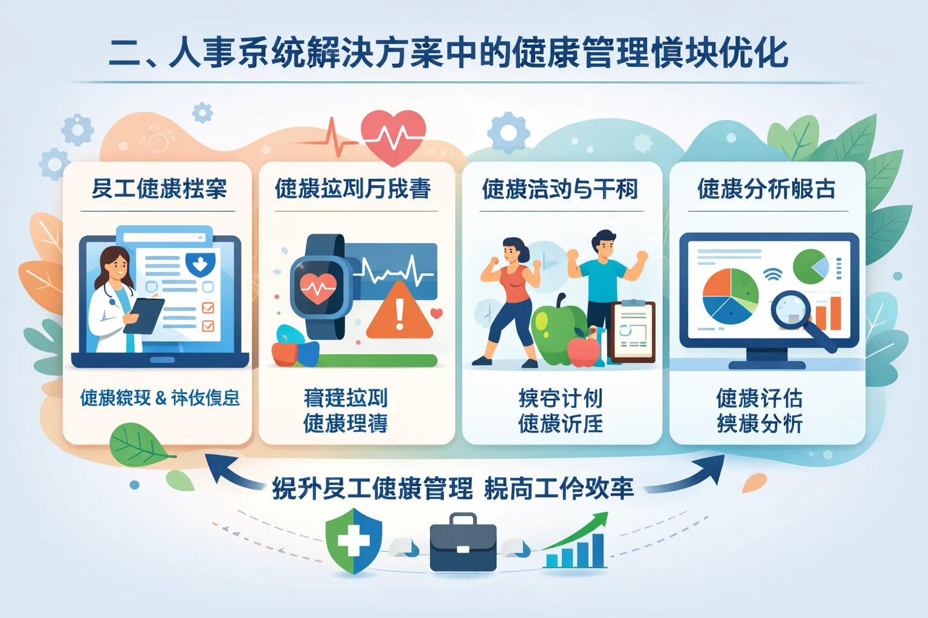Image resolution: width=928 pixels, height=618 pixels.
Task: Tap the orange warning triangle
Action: pos(399,314)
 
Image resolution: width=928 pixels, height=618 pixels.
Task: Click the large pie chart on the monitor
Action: pos(730,296)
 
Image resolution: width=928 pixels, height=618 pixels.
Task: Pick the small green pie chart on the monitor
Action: pos(810,266)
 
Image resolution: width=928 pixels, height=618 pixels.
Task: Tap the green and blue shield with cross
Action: pos(353,540)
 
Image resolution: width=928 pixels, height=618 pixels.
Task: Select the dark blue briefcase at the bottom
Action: pos(463,543)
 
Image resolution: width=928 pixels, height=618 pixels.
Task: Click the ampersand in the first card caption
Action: pos(161,398)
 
